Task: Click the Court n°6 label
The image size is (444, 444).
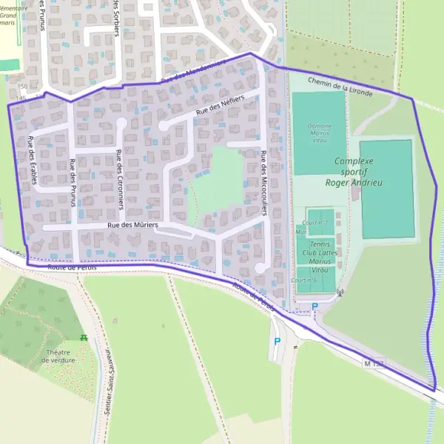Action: (x=304, y=280)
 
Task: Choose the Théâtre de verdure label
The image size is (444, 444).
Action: (x=58, y=356)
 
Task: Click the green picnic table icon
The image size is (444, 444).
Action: (x=84, y=338)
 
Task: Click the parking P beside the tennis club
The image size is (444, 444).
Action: (x=314, y=306)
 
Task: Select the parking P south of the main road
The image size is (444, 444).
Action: (x=277, y=341)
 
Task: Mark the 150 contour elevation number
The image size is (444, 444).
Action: (x=21, y=87)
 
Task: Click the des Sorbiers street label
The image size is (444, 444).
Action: (x=115, y=15)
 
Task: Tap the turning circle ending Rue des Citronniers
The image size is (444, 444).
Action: (x=121, y=123)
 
